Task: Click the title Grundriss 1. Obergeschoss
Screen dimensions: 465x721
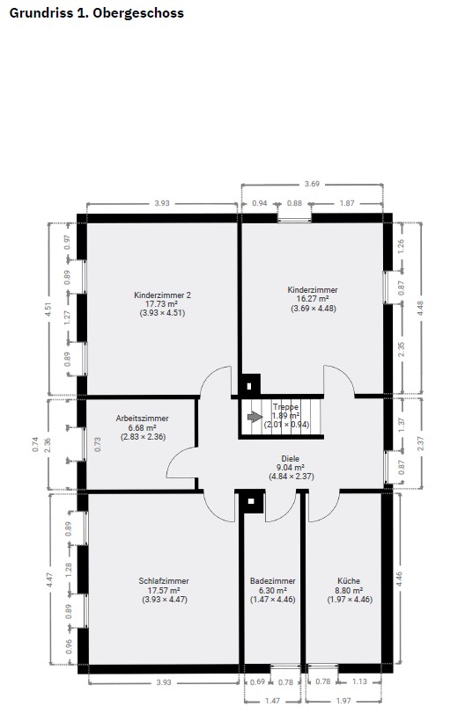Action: pyautogui.click(x=96, y=13)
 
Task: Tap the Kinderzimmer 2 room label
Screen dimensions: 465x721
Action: pyautogui.click(x=162, y=295)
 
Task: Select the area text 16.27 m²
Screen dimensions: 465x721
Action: pyautogui.click(x=312, y=299)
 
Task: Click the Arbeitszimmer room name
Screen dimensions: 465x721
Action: pyautogui.click(x=143, y=419)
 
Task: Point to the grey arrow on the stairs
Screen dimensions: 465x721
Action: pyautogui.click(x=255, y=417)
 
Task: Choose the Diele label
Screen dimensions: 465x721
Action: pyautogui.click(x=291, y=458)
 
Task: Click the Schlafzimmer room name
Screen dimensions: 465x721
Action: pyautogui.click(x=164, y=580)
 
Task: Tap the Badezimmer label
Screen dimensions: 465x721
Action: pyautogui.click(x=272, y=580)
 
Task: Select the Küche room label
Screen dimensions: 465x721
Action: pyautogui.click(x=349, y=580)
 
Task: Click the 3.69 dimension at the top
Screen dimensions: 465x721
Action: pyautogui.click(x=312, y=184)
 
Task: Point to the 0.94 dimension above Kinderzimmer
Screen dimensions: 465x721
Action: pyautogui.click(x=260, y=203)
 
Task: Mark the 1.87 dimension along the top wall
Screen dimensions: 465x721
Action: pyautogui.click(x=347, y=203)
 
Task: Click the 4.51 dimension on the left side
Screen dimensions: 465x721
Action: pyautogui.click(x=48, y=309)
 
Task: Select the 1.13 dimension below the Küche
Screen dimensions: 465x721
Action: pyautogui.click(x=359, y=681)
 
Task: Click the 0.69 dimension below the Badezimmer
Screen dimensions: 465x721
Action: pyautogui.click(x=257, y=681)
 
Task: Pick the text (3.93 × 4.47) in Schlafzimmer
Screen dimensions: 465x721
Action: pyautogui.click(x=165, y=600)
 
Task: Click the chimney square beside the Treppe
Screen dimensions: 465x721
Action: pyautogui.click(x=249, y=385)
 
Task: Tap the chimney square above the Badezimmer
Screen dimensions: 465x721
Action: pyautogui.click(x=251, y=501)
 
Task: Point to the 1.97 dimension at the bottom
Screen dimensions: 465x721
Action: pyautogui.click(x=343, y=701)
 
